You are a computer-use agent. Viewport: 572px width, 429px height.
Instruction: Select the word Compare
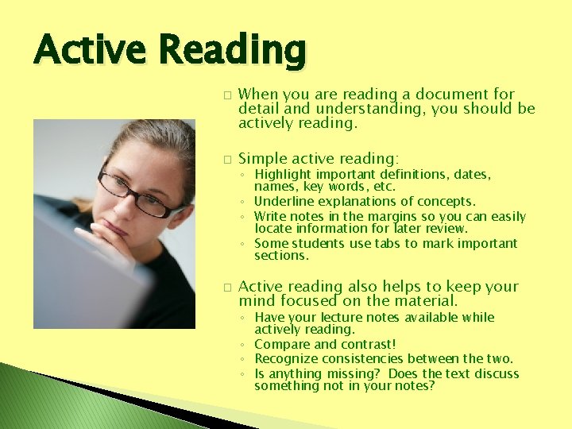281,345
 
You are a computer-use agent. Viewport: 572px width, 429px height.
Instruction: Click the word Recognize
286,359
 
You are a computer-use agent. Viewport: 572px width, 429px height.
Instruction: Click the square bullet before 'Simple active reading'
226,159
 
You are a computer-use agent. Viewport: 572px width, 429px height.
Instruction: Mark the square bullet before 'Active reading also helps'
226,287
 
